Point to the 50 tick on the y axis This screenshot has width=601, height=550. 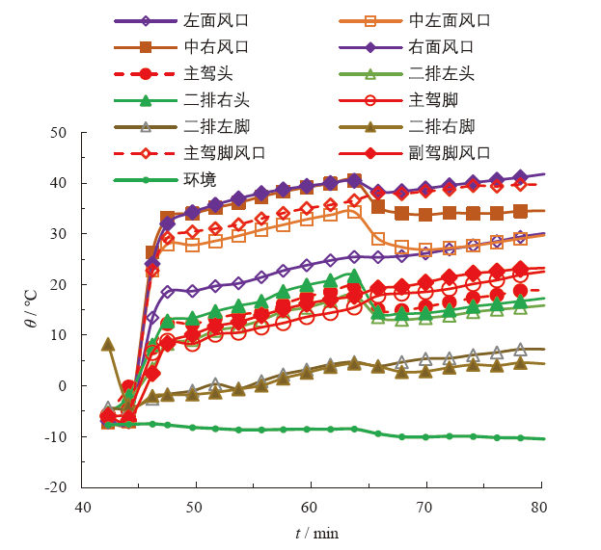tap(61, 133)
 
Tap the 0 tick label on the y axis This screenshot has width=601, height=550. tap(65, 386)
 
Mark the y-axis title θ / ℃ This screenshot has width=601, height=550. tap(28, 309)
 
